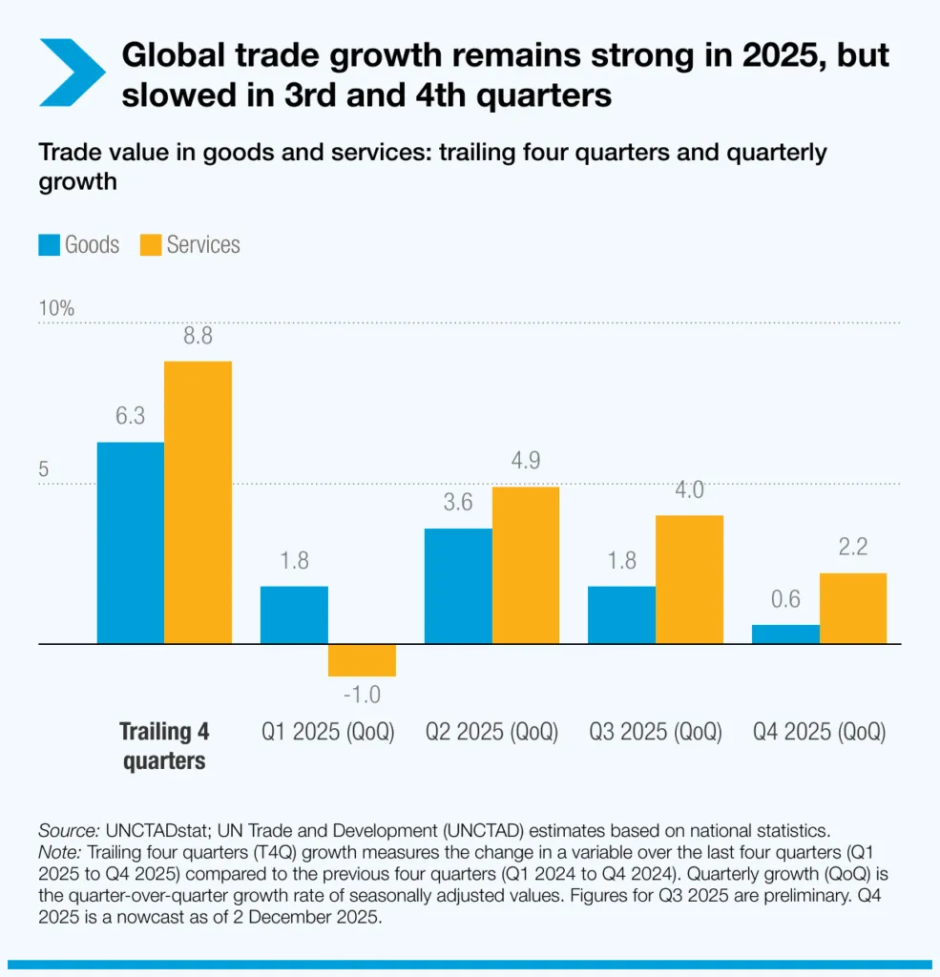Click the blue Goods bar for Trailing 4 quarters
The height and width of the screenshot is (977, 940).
[131, 543]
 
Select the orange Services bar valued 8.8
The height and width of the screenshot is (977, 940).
[198, 503]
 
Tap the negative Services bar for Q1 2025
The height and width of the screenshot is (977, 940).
[362, 660]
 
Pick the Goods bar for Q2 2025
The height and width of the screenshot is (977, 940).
[458, 587]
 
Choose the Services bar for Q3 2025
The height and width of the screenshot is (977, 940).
[689, 580]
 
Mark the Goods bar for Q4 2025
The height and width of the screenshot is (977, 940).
[785, 634]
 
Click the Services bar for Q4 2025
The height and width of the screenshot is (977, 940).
[852, 609]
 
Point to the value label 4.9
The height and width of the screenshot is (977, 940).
[525, 461]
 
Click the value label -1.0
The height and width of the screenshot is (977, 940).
[362, 694]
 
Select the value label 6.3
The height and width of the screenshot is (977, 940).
[131, 417]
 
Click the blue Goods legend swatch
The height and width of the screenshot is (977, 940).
[50, 245]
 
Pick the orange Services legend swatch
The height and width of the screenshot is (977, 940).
[151, 245]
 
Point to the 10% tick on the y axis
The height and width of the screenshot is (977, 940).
[55, 309]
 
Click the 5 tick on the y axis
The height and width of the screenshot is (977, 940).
[44, 470]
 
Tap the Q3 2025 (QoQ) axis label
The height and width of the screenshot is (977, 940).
[655, 733]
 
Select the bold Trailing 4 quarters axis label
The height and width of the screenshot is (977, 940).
[164, 746]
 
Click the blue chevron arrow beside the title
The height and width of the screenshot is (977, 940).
[71, 73]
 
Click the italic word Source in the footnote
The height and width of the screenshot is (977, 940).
[67, 830]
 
